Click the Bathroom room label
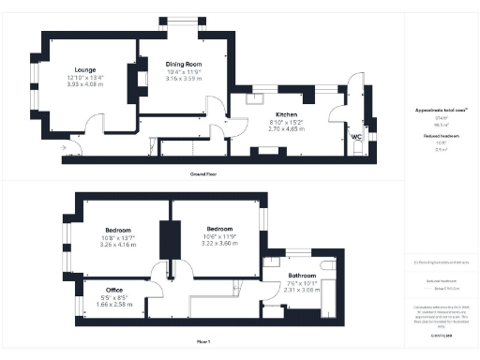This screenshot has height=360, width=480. pyautogui.click(x=301, y=275)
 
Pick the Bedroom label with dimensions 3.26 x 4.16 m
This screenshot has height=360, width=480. pyautogui.click(x=117, y=230)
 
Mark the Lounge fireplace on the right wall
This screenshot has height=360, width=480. pyautogui.click(x=131, y=83)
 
